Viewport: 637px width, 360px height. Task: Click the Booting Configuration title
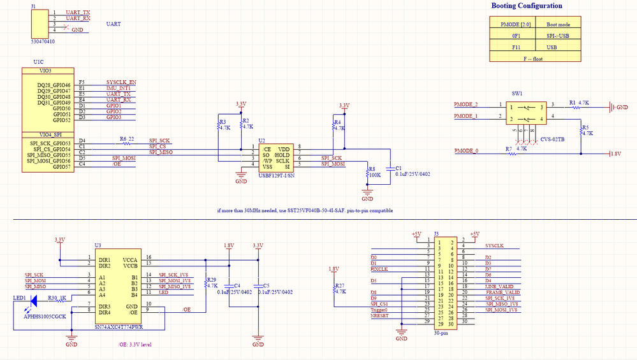pos(527,6)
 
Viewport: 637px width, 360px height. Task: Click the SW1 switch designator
pos(517,92)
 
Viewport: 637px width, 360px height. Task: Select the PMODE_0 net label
pos(465,150)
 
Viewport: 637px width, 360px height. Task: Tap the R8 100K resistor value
pos(375,175)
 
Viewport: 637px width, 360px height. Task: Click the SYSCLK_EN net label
pos(121,82)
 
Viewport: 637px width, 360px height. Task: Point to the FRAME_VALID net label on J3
pos(502,292)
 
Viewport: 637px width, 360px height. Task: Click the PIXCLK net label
pos(380,269)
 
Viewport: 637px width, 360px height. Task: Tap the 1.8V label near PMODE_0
pos(615,154)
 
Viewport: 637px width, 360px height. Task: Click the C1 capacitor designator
pos(399,167)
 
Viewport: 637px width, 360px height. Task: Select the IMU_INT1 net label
pos(119,88)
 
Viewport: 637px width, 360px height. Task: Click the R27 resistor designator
pos(339,285)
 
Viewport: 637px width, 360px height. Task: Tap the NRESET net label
pos(379,315)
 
